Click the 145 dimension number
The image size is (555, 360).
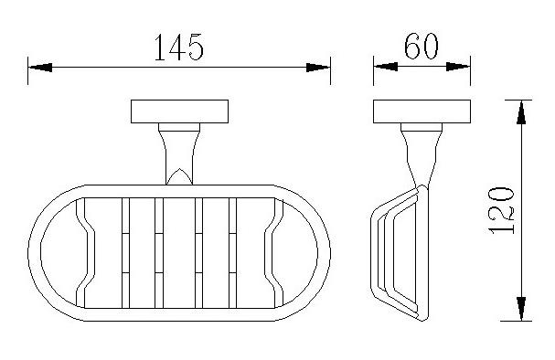179,47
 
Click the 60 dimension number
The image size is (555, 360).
422,46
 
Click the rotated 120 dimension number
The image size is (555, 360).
501,210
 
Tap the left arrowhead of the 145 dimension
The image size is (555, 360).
40,68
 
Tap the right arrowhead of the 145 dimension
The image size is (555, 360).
318,68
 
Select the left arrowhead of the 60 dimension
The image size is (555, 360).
386,67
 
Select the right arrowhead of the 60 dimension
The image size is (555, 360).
458,67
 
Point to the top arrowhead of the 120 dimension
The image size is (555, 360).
521,112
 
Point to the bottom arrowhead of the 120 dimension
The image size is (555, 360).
521,309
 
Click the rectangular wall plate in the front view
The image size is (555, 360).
179,111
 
